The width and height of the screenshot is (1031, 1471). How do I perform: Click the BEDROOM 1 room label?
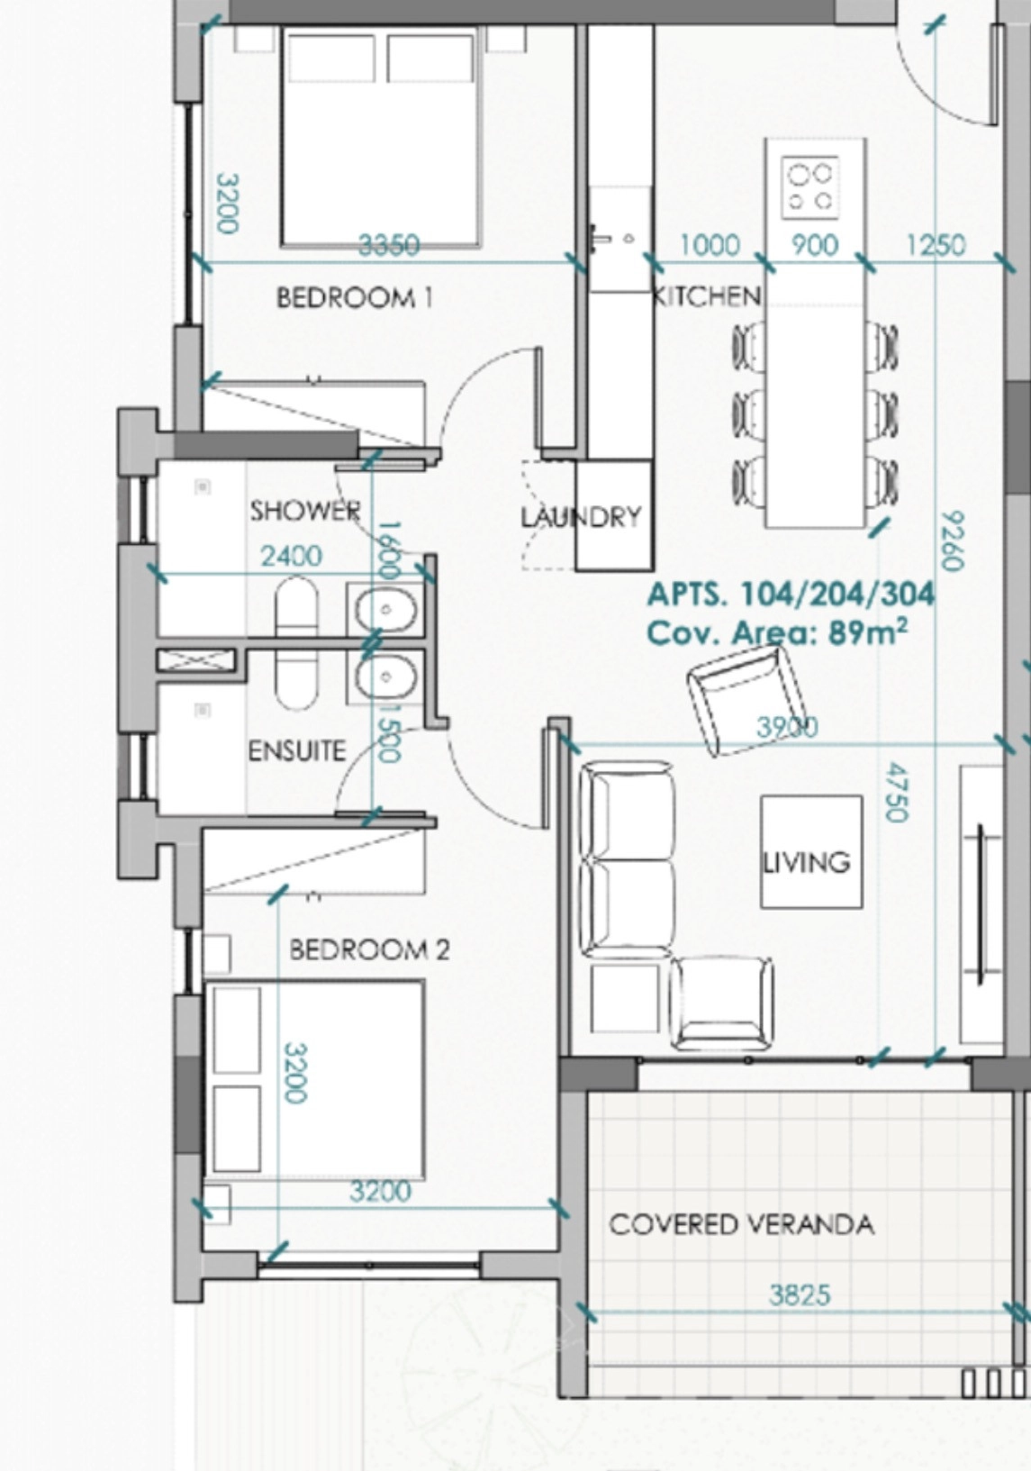355,298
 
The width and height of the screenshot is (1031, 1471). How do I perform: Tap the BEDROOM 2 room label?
369,949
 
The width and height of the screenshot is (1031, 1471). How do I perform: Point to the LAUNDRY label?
582,517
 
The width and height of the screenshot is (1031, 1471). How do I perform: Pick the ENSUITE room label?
296,750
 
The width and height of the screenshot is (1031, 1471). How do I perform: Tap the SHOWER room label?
305,510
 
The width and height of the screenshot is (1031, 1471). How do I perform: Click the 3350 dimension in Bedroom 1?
389,246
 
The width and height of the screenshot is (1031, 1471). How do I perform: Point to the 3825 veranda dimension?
800,1295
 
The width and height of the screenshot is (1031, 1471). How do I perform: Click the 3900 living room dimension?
788,727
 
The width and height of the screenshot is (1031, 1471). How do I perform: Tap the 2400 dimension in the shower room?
292,557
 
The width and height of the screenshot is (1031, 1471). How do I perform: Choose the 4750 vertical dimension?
896,791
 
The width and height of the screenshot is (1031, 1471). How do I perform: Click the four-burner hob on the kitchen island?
810,187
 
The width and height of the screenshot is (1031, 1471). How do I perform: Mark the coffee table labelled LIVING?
811,852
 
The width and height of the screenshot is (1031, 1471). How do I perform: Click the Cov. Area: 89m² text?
778,633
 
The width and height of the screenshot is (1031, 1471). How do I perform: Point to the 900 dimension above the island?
815,246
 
